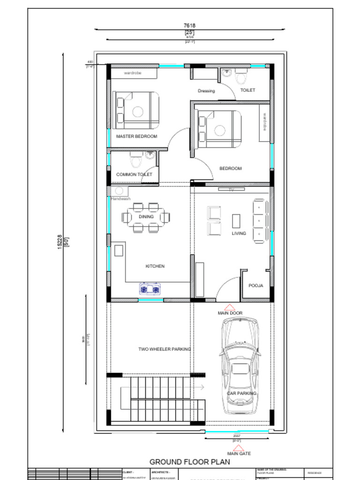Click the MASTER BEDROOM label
(x=136, y=136)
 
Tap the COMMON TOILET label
(x=134, y=174)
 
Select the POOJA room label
(x=255, y=285)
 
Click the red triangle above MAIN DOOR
(x=230, y=306)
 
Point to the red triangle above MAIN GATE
(x=239, y=447)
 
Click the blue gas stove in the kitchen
(x=150, y=289)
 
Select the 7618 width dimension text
(x=189, y=25)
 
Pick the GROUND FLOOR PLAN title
(x=189, y=462)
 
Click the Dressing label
(x=206, y=91)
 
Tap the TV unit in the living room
(x=231, y=189)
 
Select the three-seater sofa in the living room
(x=259, y=220)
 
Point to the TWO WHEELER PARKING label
(x=164, y=349)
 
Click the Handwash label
(x=120, y=199)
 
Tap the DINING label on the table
(x=146, y=217)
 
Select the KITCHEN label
(x=155, y=266)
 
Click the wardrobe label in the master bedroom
(x=133, y=73)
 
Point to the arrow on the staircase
(x=202, y=388)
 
